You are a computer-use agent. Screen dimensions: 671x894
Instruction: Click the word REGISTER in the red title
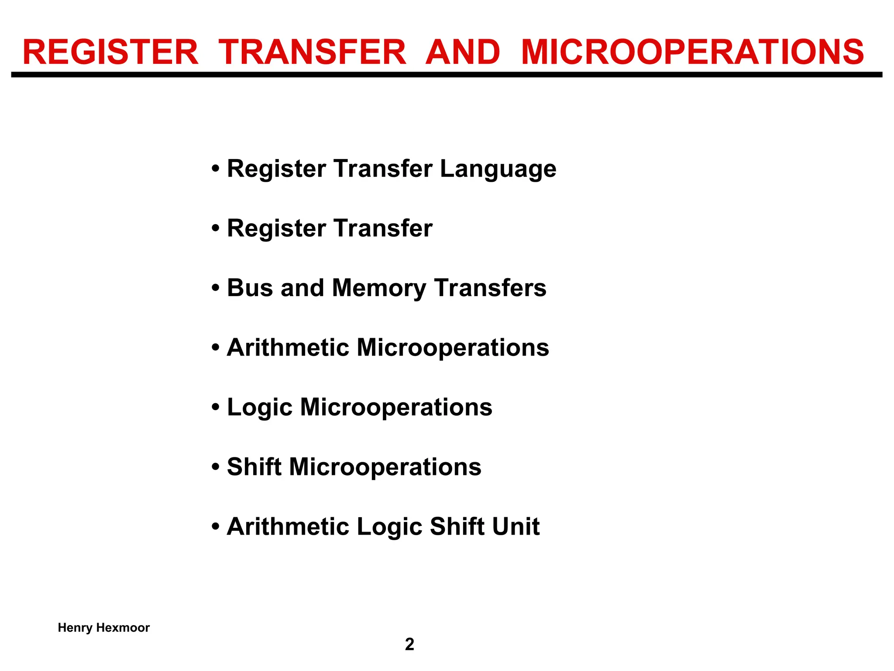110,52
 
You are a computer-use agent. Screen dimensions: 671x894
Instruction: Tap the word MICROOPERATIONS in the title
692,52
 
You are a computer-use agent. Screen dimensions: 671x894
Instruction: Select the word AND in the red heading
463,52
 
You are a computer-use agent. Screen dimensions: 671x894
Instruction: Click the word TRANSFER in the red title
312,52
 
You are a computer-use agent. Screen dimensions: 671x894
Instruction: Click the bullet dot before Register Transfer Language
215,169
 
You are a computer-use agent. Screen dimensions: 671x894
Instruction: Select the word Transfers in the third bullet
490,288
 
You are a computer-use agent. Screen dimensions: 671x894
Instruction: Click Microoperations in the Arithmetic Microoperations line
453,348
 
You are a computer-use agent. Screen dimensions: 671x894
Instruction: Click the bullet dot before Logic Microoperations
215,408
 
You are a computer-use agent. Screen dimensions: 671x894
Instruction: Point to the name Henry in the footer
75,628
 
